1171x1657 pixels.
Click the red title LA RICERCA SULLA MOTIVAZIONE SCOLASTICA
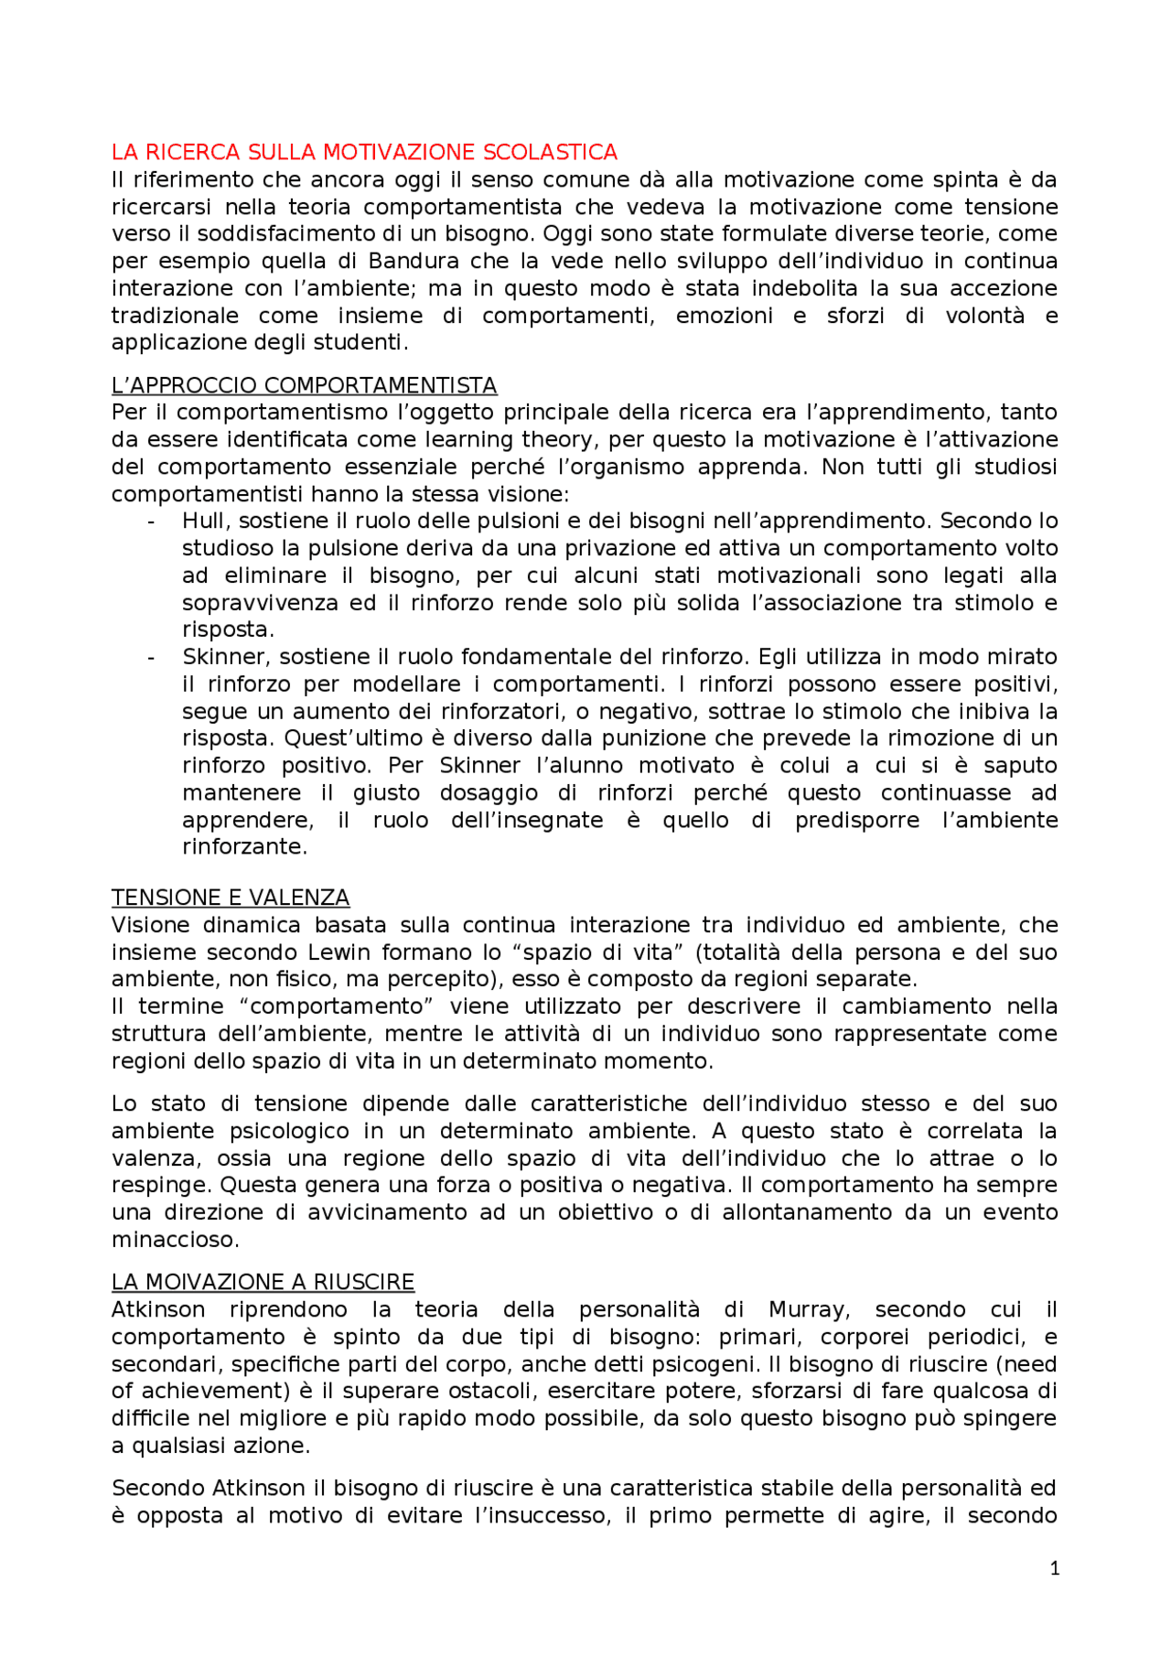pos(364,152)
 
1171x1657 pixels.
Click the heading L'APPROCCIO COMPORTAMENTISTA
pos(304,385)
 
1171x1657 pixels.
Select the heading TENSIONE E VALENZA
pos(231,898)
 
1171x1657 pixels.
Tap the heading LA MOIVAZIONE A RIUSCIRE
pos(263,1282)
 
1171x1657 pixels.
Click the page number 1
pos(1054,1568)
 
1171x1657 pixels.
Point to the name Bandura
pos(411,261)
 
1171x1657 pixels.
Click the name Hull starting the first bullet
pos(203,521)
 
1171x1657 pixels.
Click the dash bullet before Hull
pos(151,522)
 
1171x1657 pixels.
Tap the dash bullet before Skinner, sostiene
pos(151,658)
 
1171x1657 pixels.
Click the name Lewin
pos(339,952)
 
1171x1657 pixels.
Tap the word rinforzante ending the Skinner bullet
pos(243,846)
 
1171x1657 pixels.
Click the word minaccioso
pos(174,1240)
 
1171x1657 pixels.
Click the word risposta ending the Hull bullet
pos(227,629)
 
